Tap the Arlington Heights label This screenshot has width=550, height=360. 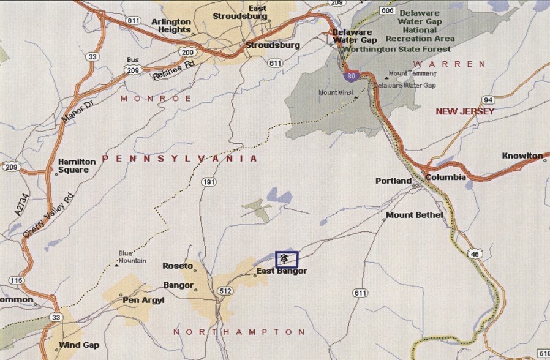click(x=171, y=25)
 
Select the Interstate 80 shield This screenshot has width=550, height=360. click(x=351, y=77)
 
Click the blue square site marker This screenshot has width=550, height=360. click(x=286, y=259)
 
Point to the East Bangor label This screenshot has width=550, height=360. click(x=281, y=271)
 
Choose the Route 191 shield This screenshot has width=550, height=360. click(x=209, y=182)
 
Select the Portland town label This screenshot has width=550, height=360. click(x=393, y=181)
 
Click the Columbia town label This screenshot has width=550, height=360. click(x=445, y=178)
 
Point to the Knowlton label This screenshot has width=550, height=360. click(x=522, y=156)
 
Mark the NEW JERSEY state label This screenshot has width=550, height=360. click(x=465, y=111)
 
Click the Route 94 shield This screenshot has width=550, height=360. click(x=488, y=100)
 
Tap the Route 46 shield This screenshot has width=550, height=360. click(x=475, y=253)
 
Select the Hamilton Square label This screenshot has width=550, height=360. click(x=77, y=165)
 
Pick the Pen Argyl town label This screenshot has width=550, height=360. click(x=141, y=301)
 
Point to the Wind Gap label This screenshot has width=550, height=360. click(x=79, y=345)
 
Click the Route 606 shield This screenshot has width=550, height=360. click(x=386, y=10)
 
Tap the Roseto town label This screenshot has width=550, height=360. click(x=177, y=266)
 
